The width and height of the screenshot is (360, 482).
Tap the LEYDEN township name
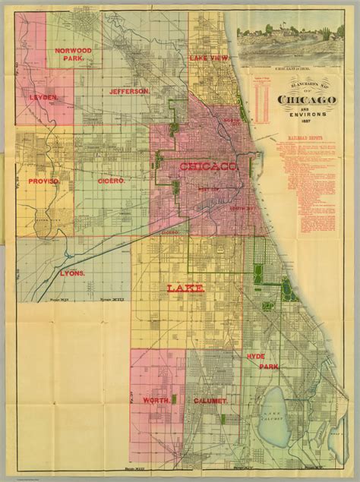pos(43,98)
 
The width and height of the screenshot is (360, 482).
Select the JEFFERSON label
pos(128,91)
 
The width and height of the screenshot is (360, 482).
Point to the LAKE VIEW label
pos(209,58)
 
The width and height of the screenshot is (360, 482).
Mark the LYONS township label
pos(73,272)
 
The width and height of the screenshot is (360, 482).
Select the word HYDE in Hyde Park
pos(255,356)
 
